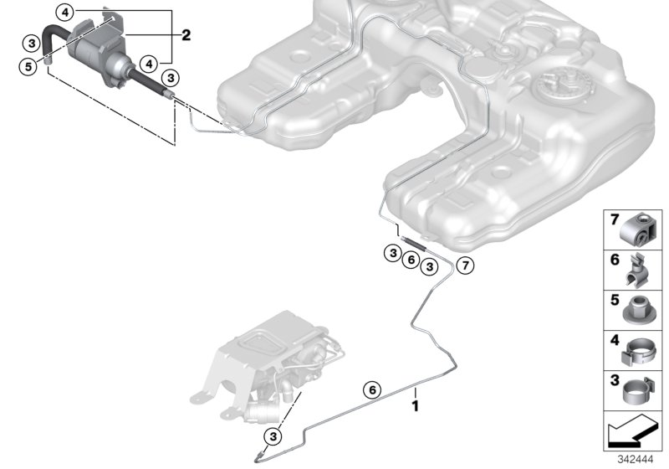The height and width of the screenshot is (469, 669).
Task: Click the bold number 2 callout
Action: tap(186, 35)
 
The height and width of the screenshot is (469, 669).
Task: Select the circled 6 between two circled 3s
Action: tap(410, 260)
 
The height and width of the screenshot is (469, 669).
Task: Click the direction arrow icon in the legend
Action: tap(634, 430)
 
